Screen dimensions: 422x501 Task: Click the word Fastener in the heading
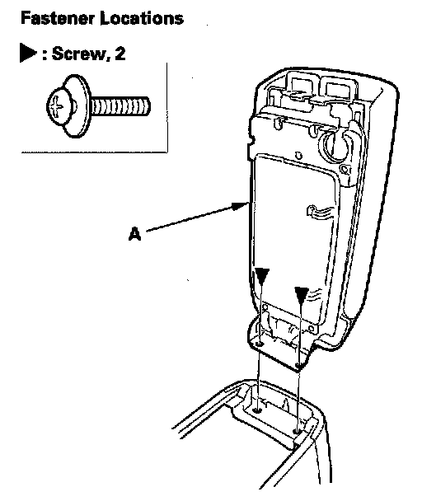coord(58,18)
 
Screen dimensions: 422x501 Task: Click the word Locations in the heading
coord(142,18)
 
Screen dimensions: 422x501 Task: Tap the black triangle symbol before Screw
coord(28,53)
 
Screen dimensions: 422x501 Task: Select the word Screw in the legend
coord(79,53)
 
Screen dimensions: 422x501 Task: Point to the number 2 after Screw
coord(120,53)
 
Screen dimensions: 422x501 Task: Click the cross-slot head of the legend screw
coord(59,106)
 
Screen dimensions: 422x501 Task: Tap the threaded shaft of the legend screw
coord(120,106)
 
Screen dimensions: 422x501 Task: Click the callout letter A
coord(134,233)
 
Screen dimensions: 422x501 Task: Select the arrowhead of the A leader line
coord(241,206)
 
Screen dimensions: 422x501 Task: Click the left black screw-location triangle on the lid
coord(262,276)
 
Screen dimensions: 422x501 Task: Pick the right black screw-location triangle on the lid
coord(302,295)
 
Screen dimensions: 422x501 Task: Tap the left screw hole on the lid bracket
coord(260,344)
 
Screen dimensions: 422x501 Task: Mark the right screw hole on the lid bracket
coord(298,364)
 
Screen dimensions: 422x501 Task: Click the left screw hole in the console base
coord(257,410)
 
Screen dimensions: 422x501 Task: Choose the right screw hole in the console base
coord(298,431)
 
